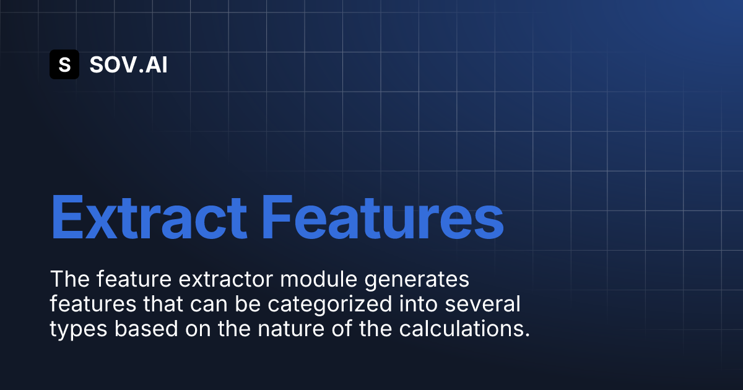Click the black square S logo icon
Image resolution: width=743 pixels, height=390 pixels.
[x=64, y=64]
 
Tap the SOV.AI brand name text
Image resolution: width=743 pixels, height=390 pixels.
[x=128, y=64]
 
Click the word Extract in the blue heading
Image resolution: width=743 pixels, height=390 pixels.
[x=149, y=217]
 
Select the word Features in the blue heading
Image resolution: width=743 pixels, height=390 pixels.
[x=383, y=217]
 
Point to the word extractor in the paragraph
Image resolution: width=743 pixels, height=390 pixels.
[x=225, y=279]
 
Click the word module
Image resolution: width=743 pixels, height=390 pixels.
[x=318, y=279]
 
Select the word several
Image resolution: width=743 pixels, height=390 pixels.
[x=482, y=304]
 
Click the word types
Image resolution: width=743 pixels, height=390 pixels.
[x=79, y=329]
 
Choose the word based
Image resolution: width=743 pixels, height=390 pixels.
[x=146, y=328]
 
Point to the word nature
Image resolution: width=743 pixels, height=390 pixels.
[x=291, y=329]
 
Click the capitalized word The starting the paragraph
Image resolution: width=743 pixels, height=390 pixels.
[x=69, y=279]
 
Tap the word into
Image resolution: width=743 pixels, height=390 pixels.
[x=419, y=304]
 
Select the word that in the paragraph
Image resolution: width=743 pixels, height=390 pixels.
[x=163, y=304]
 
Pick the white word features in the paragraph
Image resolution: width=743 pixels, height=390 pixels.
[x=93, y=304]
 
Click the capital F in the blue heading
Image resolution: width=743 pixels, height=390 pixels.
[x=277, y=217]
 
